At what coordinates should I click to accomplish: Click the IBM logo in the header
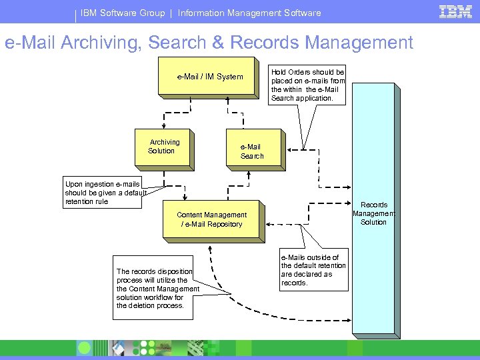tap(455, 12)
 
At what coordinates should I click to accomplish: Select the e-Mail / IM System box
tap(209, 77)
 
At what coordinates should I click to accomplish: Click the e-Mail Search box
tap(251, 151)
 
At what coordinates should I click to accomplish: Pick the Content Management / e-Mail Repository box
tap(211, 220)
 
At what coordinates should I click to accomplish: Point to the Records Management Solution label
tap(373, 213)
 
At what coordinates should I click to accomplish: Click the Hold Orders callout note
tap(307, 85)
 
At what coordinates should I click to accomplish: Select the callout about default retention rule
tap(103, 193)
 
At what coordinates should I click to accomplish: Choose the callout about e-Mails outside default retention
tap(313, 270)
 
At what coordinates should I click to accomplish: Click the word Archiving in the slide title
tap(101, 43)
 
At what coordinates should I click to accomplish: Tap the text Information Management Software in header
tap(249, 13)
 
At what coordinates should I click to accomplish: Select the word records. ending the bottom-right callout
tap(294, 283)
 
